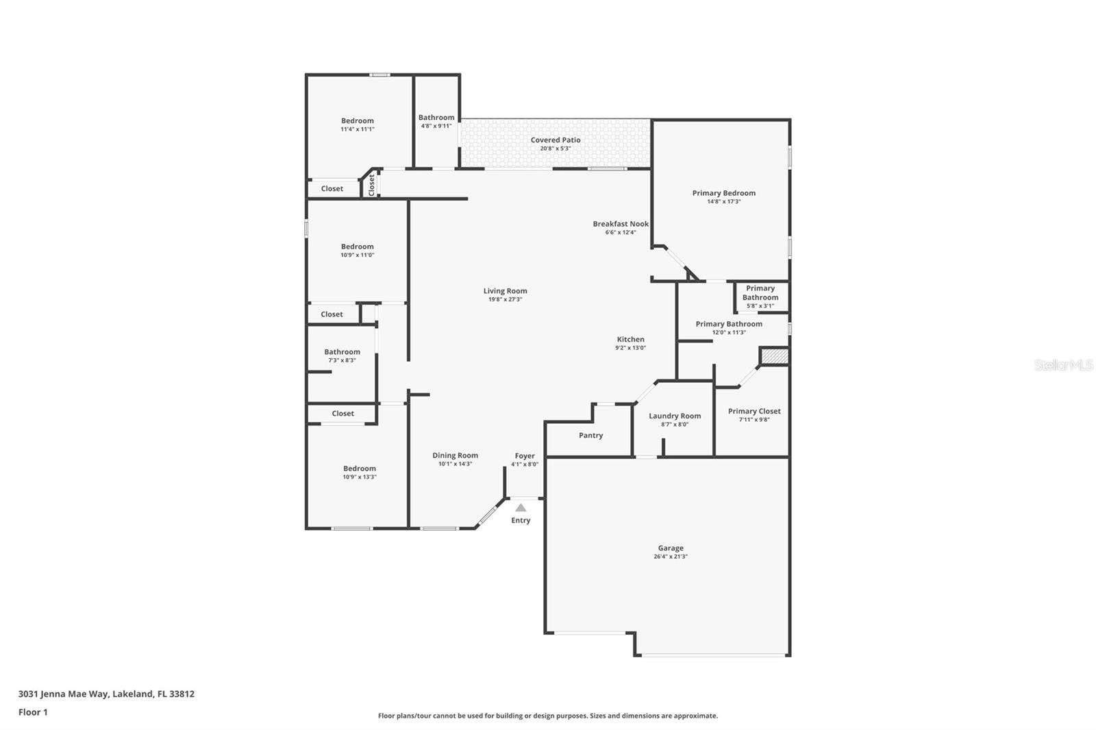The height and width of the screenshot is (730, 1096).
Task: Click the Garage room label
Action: [x=671, y=548]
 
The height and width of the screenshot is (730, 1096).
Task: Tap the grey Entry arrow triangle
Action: [x=521, y=508]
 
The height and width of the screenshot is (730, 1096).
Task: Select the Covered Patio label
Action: [x=556, y=140]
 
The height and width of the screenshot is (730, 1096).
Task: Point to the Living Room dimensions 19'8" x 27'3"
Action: [x=505, y=299]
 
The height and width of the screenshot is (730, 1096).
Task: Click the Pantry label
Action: [x=590, y=436]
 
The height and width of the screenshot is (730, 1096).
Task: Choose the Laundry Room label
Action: [x=675, y=416]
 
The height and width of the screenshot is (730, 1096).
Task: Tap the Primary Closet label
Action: [x=754, y=412]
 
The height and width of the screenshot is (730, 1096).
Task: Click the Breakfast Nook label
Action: [x=621, y=224]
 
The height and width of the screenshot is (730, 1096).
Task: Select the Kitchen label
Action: [x=630, y=339]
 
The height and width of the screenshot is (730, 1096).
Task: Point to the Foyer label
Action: [x=525, y=456]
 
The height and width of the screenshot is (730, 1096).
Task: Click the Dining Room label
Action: [x=455, y=455]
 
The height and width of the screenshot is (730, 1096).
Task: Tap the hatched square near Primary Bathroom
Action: [x=773, y=355]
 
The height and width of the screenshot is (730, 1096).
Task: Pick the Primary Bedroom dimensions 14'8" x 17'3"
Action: [x=723, y=201]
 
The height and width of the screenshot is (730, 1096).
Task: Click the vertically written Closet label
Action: [x=371, y=186]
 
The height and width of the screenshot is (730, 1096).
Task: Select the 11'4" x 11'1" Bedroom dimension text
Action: [x=357, y=129]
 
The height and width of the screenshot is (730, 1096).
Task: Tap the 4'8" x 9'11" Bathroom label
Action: [x=436, y=117]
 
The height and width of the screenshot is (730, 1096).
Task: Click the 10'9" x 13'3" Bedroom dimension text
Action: [x=359, y=477]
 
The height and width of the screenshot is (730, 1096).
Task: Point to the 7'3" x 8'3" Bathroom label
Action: [x=342, y=352]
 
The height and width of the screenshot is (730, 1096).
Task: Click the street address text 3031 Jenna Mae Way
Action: [x=62, y=694]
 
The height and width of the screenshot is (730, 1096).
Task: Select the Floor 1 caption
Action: [x=34, y=712]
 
